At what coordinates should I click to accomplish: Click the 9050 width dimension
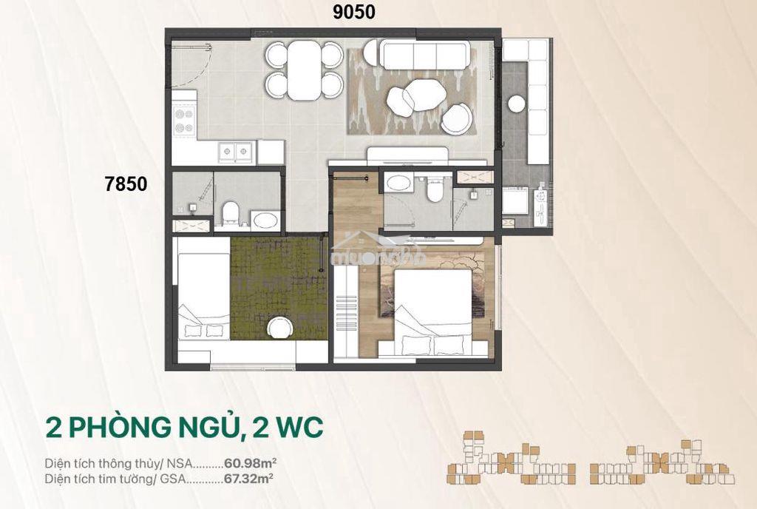tap(354, 12)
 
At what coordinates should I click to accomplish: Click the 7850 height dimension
tap(126, 184)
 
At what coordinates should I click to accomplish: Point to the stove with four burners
tap(184, 121)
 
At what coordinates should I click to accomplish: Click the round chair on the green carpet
tap(279, 328)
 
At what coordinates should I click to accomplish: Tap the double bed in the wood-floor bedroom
tap(432, 312)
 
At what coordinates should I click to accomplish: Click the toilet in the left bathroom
tap(231, 213)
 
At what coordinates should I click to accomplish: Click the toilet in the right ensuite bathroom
tap(435, 189)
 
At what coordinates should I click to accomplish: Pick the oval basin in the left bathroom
tap(266, 220)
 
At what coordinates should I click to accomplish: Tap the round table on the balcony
tap(516, 104)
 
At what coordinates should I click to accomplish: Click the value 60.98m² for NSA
tap(250, 464)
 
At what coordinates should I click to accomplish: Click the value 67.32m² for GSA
tap(249, 479)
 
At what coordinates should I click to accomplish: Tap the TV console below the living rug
tap(408, 156)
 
